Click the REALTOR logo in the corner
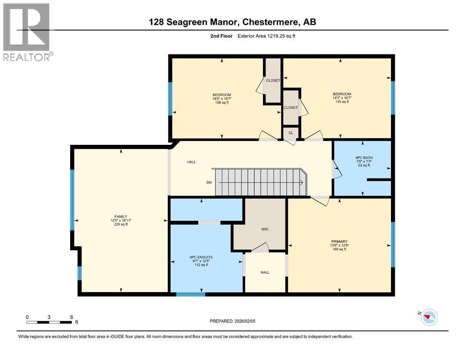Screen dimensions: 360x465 pos(27,32)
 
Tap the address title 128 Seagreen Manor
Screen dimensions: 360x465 pos(232,22)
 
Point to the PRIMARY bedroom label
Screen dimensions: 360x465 pos(339,241)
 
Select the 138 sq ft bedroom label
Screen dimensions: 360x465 pos(221,98)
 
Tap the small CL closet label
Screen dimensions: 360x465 pos(290,133)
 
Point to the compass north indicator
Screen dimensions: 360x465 pos(428,318)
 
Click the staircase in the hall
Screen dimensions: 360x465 pos(260,182)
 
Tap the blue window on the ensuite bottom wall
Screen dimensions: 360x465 pos(191,294)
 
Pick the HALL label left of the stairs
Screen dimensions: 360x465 pos(192,162)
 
